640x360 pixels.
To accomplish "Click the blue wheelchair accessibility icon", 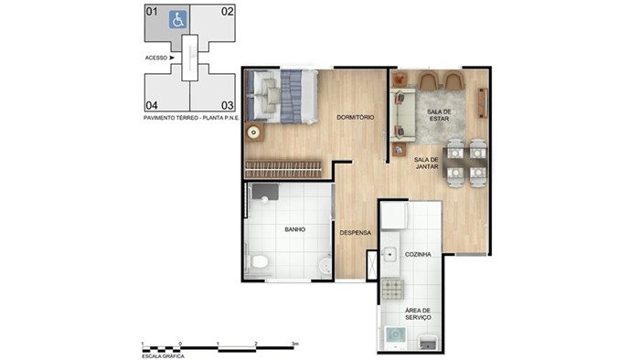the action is [x=178, y=19].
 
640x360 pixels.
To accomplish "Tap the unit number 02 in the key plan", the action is [x=228, y=11].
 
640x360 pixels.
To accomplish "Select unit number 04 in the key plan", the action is [x=152, y=106].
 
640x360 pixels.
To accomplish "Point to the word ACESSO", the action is [x=156, y=58].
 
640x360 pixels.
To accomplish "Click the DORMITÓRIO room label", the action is [x=355, y=118].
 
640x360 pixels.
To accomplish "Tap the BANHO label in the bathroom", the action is [x=295, y=229].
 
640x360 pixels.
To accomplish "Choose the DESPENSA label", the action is [x=356, y=233].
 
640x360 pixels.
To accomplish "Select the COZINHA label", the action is [x=418, y=254].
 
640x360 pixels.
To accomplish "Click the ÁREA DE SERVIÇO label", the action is [x=418, y=314].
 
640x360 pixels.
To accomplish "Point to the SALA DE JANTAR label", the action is [x=427, y=163].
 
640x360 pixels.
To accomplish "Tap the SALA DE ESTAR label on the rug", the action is [x=439, y=115].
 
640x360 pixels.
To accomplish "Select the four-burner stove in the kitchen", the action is [x=392, y=289].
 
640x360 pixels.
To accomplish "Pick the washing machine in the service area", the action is [x=396, y=335].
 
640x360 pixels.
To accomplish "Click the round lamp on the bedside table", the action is [x=254, y=132].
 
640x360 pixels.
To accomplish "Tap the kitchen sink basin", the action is [x=389, y=254].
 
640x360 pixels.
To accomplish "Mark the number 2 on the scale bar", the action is [x=256, y=344].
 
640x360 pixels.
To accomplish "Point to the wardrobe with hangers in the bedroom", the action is [x=283, y=169].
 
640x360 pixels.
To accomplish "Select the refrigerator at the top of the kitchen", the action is [x=394, y=216].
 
